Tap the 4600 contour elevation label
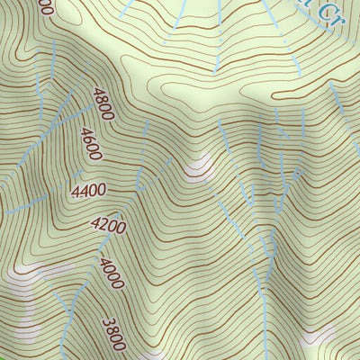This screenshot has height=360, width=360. [x=91, y=144]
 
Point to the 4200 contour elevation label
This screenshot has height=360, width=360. [x=107, y=226]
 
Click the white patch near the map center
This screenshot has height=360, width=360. [x=196, y=166]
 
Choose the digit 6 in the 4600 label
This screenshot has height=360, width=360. [x=88, y=139]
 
